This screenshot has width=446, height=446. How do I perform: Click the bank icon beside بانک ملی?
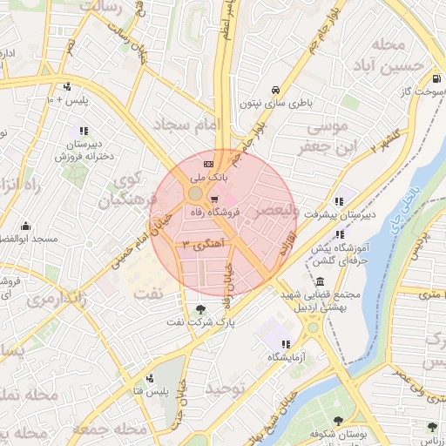click(x=208, y=164)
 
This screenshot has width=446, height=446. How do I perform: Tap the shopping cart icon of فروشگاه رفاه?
click(x=213, y=200)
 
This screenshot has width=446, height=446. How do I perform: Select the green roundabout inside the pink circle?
click(x=196, y=193)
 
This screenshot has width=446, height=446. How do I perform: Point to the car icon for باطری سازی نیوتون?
click(x=275, y=91)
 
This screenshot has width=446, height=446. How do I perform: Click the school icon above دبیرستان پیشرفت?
click(x=339, y=202)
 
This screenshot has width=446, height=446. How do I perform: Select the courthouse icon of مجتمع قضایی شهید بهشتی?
click(x=321, y=283)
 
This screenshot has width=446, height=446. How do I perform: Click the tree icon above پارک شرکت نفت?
click(x=202, y=309)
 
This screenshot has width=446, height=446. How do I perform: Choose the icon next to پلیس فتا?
click(x=151, y=378)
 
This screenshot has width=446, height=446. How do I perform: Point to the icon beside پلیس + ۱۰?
click(x=67, y=86)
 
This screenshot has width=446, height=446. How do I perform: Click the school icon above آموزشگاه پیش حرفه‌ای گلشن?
click(x=339, y=234)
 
